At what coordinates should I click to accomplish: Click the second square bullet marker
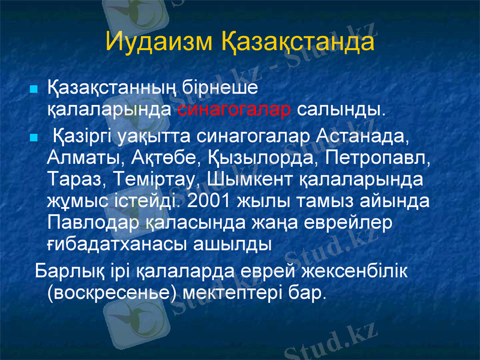(x=34, y=137)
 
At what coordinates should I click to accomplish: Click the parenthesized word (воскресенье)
(x=112, y=292)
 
